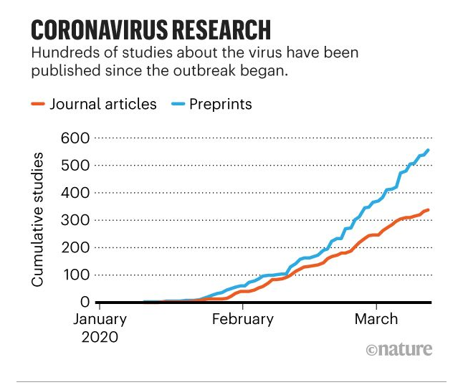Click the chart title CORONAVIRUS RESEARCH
click(x=151, y=29)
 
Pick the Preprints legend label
click(x=221, y=104)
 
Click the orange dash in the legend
click(x=39, y=105)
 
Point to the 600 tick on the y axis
click(x=77, y=138)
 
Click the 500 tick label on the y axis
click(x=77, y=165)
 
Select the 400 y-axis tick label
click(x=77, y=192)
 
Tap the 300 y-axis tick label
click(x=77, y=220)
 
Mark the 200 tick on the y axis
click(x=77, y=247)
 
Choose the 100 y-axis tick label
click(x=77, y=275)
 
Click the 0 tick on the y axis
click(x=83, y=302)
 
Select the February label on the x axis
click(x=243, y=319)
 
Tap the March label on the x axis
click(x=377, y=319)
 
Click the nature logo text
click(x=398, y=349)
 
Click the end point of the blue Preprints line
click(x=428, y=150)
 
